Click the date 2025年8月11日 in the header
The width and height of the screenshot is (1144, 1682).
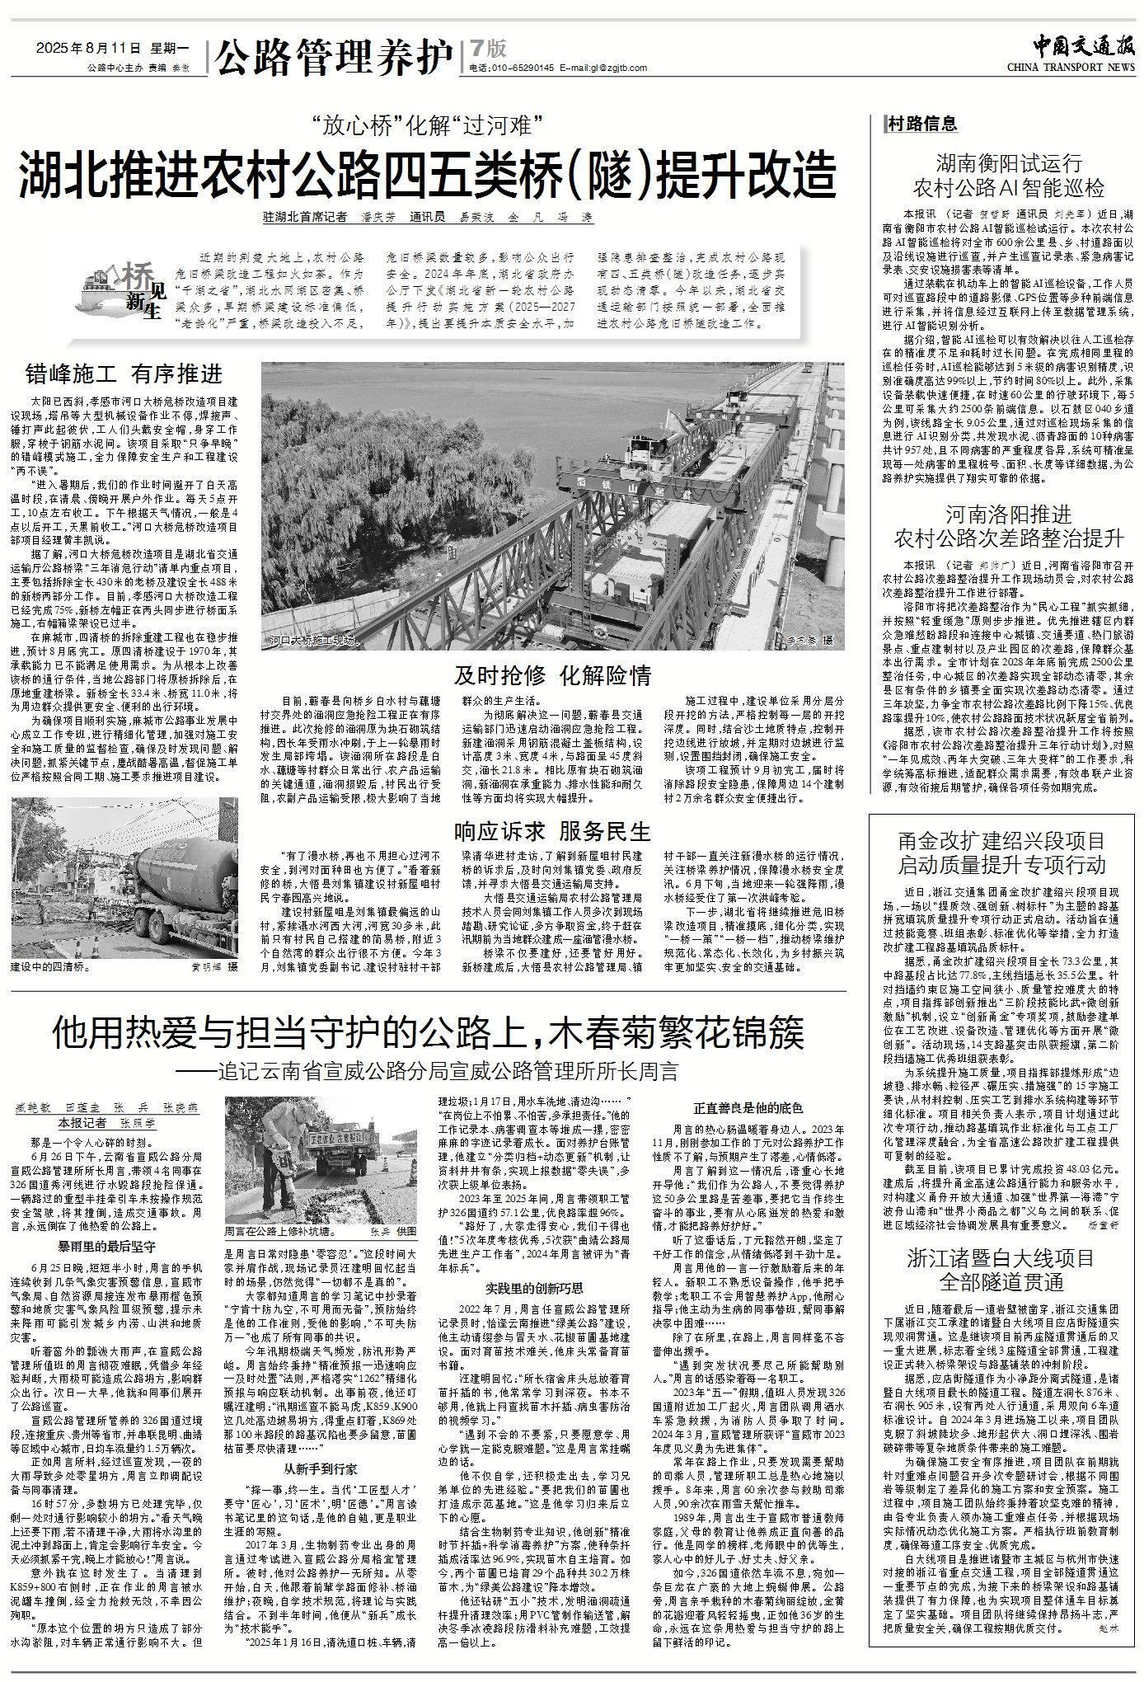click(91, 47)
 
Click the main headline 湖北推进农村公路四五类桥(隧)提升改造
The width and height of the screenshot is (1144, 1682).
click(428, 173)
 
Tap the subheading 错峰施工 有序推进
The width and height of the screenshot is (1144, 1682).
click(124, 374)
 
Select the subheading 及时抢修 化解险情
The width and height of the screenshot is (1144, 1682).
click(553, 676)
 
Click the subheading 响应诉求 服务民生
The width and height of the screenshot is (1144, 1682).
click(553, 829)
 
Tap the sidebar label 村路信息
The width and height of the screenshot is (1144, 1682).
click(922, 124)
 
